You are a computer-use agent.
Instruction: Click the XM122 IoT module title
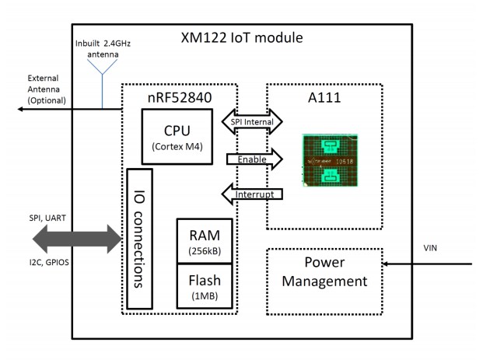coord(241,38)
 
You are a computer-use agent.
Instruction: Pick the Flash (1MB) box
coord(205,284)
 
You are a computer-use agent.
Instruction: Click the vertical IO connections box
coord(139,236)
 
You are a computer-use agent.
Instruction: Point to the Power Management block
coord(327,272)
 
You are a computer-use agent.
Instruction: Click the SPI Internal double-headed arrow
coord(254,122)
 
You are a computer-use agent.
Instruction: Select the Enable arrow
coord(254,159)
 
